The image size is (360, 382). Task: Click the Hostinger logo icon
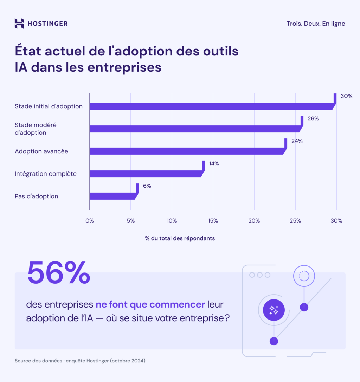pyautogui.click(x=19, y=24)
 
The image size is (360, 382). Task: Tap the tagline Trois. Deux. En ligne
pyautogui.click(x=316, y=24)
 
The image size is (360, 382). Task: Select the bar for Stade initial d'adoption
pyautogui.click(x=211, y=106)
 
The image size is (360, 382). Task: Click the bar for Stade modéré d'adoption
pyautogui.click(x=195, y=129)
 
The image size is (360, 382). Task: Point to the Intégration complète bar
pyautogui.click(x=146, y=174)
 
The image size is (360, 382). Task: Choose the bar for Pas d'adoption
pyautogui.click(x=112, y=196)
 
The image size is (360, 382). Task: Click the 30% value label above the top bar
pyautogui.click(x=346, y=96)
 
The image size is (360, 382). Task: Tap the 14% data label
pyautogui.click(x=214, y=163)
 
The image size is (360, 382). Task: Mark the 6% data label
pyautogui.click(x=147, y=186)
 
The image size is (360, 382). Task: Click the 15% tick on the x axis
pyautogui.click(x=213, y=221)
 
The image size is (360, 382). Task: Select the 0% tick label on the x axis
pyautogui.click(x=90, y=221)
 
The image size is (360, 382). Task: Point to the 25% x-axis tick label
pyautogui.click(x=295, y=221)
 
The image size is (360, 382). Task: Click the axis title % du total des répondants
pyautogui.click(x=180, y=238)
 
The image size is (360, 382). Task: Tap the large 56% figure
pyautogui.click(x=59, y=273)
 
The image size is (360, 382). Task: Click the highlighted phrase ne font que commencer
pyautogui.click(x=150, y=304)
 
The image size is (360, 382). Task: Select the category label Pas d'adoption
pyautogui.click(x=36, y=196)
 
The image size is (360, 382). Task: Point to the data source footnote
pyautogui.click(x=80, y=361)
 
